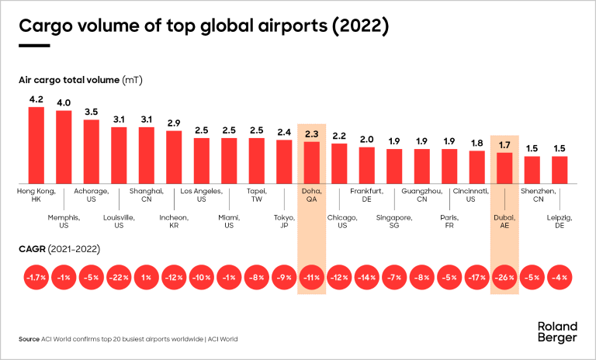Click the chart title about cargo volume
[203, 26]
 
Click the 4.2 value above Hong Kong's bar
[36, 99]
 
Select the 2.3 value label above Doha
[312, 133]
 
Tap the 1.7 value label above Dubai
[504, 144]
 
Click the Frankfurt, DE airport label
[367, 195]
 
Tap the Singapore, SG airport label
[395, 222]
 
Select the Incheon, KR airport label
[174, 222]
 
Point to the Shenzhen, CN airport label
[532, 195]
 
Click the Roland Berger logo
[557, 332]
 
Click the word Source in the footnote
[29, 339]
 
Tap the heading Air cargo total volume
[69, 80]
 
